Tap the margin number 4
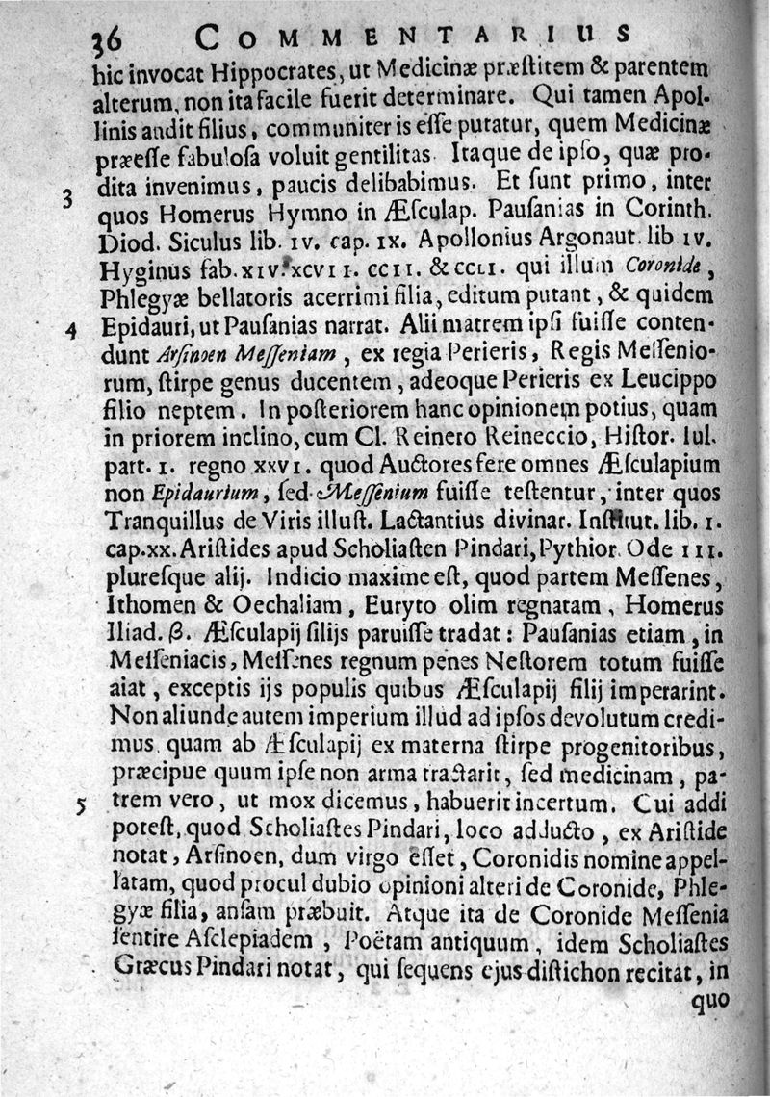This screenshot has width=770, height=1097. pos(70,330)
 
